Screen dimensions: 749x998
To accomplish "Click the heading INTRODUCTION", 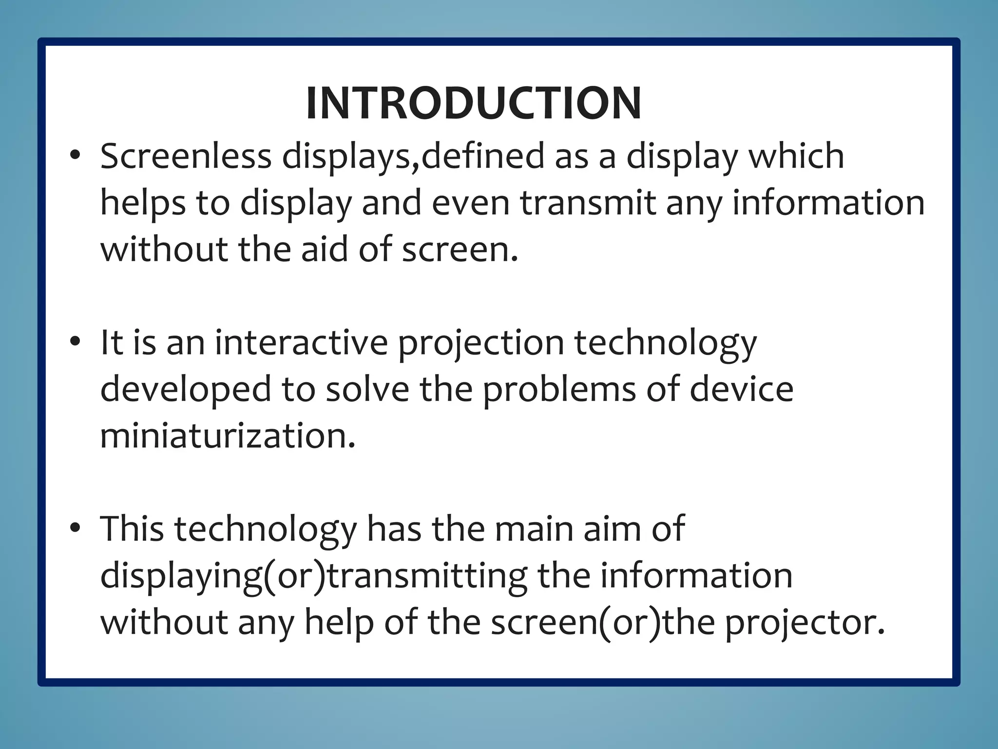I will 473,103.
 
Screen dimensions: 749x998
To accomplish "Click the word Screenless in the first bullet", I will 186,157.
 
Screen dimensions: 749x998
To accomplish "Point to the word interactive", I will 301,342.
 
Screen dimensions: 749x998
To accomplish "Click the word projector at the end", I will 805,623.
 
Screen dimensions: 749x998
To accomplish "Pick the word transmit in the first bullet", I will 587,203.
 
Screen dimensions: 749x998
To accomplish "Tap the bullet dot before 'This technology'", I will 75,528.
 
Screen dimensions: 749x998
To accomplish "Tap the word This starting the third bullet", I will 132,529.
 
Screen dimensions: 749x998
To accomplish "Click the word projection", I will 481,343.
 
